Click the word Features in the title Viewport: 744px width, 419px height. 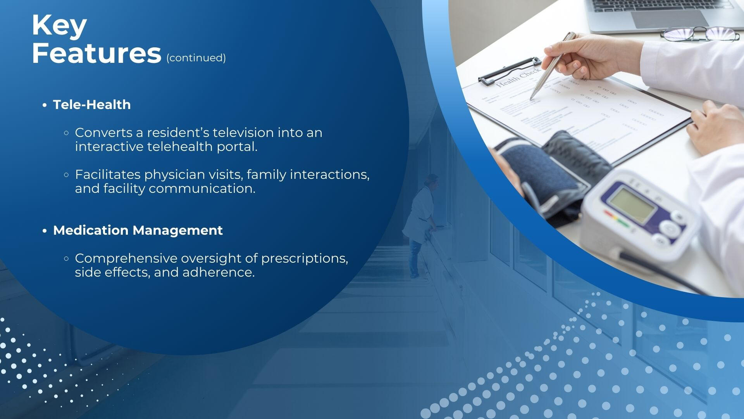[x=96, y=53]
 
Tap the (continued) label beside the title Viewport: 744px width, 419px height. [x=196, y=58]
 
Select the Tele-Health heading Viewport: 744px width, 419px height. [x=92, y=105]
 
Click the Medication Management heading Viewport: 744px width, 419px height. [x=138, y=230]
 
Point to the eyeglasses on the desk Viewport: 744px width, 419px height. [x=700, y=34]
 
